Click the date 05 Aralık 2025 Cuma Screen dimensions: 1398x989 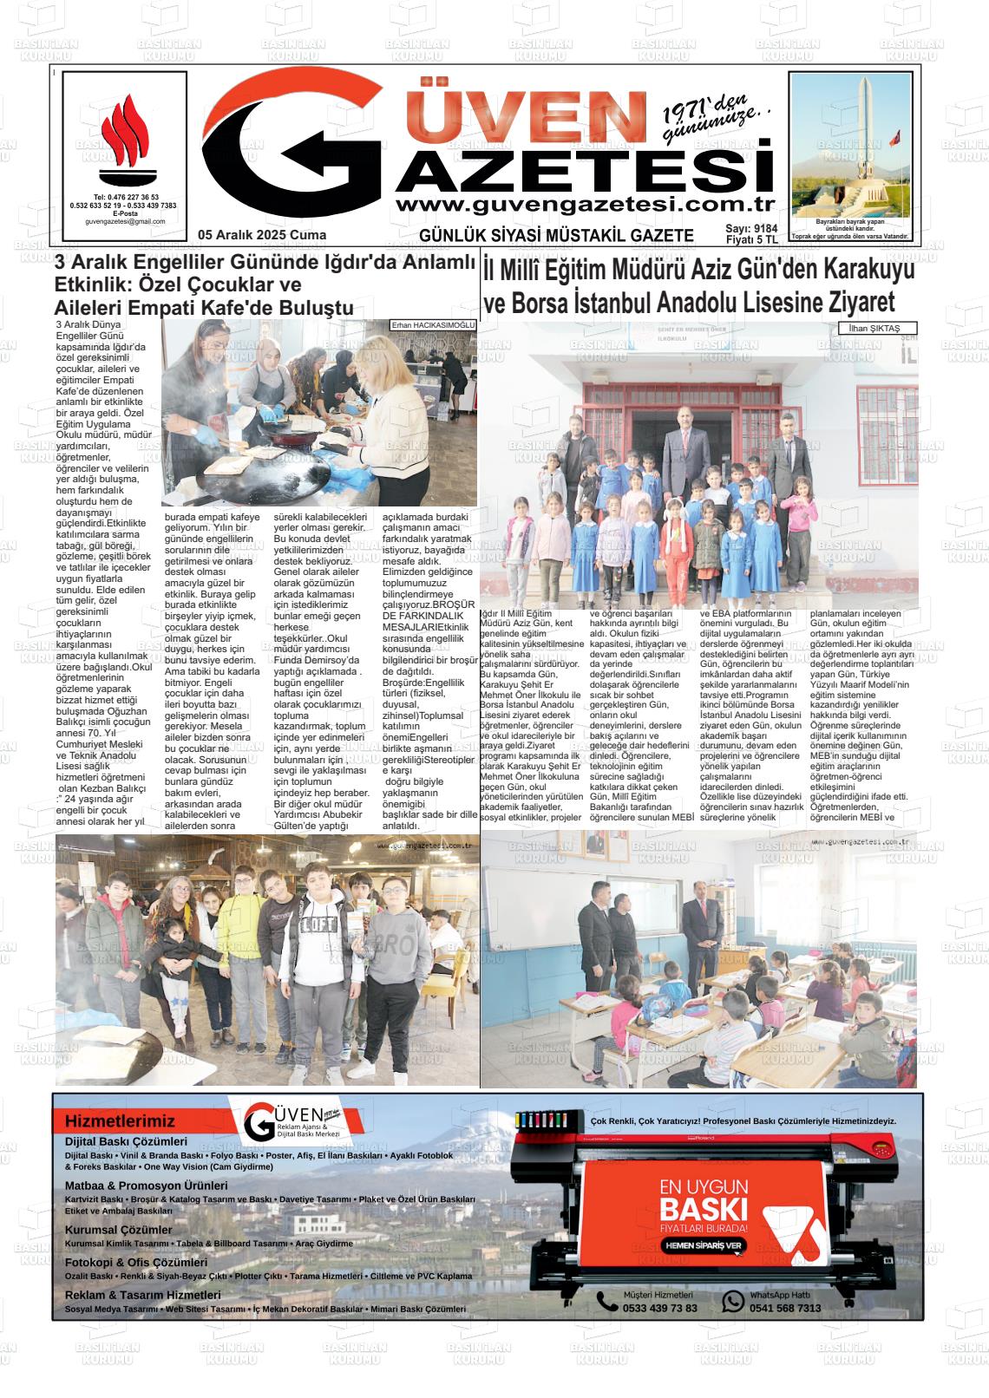[262, 235]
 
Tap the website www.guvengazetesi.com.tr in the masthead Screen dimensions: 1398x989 [584, 205]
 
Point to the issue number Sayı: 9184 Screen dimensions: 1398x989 [751, 229]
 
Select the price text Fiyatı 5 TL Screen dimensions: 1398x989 [751, 240]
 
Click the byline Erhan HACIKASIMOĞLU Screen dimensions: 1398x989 [433, 325]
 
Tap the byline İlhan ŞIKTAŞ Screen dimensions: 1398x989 [874, 328]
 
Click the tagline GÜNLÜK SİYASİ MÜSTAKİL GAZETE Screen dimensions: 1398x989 [556, 236]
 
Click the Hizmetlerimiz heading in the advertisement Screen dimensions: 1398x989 [120, 1121]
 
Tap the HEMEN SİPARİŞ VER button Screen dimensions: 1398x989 [704, 1245]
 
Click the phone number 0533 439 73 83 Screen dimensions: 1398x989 [659, 1308]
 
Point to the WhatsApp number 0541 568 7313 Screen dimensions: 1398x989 [785, 1308]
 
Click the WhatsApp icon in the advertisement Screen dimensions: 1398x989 [733, 1301]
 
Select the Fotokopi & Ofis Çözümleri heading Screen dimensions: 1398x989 [136, 1263]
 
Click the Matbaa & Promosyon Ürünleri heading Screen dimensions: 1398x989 [146, 1186]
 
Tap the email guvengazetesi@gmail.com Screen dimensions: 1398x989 [125, 222]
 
